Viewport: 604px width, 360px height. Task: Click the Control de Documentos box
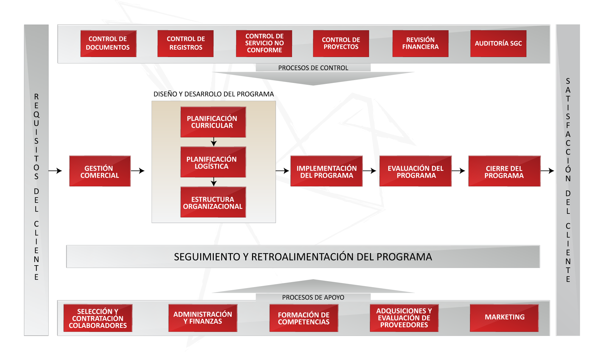108,43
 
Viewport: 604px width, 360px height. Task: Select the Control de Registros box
185,43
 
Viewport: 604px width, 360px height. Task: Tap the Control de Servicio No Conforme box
264,43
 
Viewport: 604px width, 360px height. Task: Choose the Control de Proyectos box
341,43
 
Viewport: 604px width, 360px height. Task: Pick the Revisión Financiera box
420,43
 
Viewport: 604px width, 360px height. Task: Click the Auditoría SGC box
498,43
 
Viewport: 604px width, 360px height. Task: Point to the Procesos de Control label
313,68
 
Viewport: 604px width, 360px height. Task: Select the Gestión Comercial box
100,171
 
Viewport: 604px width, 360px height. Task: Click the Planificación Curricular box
213,122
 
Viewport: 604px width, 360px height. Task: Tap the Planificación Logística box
213,162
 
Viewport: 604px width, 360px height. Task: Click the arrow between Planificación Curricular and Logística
213,142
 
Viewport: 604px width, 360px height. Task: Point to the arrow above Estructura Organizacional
213,182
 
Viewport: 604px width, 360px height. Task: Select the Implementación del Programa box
326,171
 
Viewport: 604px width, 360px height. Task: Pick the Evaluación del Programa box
415,171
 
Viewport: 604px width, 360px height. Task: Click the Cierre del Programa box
504,171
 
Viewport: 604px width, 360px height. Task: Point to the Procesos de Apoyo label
313,297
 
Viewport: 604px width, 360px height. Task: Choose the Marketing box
504,318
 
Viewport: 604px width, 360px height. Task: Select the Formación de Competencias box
304,318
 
